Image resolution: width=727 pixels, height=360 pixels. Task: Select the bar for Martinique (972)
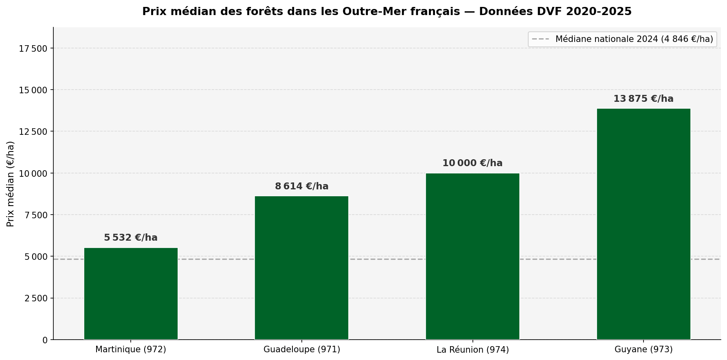click(131, 293)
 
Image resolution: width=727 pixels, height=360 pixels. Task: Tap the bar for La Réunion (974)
click(472, 256)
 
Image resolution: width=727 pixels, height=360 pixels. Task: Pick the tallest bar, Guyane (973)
click(644, 224)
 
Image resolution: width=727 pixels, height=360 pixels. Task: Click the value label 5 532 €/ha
click(131, 238)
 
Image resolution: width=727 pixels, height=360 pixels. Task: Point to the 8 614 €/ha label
click(301, 187)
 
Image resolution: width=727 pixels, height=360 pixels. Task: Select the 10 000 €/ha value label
click(472, 163)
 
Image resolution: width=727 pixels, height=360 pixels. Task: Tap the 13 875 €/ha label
click(644, 99)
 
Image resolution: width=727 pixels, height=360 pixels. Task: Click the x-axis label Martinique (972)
click(131, 349)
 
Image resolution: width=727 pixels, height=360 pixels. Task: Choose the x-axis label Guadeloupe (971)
click(301, 349)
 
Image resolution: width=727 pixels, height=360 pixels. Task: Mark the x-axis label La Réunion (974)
click(472, 350)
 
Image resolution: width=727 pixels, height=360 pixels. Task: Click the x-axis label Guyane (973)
click(644, 349)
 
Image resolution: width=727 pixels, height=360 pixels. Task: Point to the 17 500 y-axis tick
click(33, 49)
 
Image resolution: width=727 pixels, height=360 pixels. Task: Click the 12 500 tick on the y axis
click(33, 132)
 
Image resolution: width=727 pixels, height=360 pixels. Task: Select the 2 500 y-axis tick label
click(36, 299)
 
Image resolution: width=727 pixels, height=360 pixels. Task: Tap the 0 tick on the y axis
click(45, 340)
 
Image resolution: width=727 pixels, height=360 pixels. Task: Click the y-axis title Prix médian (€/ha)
click(11, 184)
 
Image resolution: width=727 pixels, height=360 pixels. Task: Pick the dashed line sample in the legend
click(540, 39)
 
